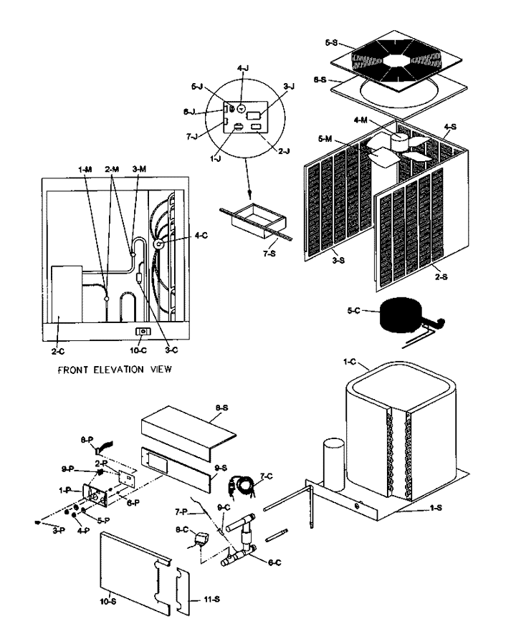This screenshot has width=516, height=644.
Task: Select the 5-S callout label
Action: [x=331, y=42]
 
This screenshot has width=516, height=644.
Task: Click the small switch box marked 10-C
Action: [x=143, y=332]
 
